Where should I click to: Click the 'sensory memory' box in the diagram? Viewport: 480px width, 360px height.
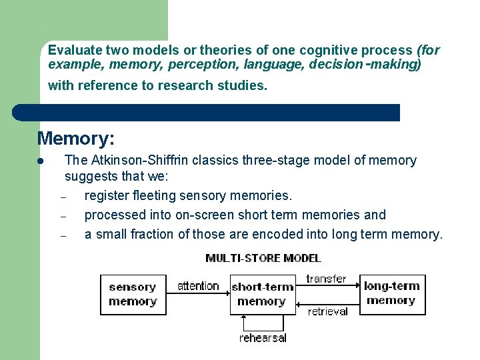click(132, 294)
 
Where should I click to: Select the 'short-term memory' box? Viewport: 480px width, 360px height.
click(261, 294)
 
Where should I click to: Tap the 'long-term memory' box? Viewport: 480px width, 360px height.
click(391, 293)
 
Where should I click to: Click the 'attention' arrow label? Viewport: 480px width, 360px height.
click(198, 286)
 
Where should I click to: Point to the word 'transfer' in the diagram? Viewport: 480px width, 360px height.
click(326, 279)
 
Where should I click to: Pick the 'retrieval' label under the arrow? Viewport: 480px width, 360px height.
click(327, 311)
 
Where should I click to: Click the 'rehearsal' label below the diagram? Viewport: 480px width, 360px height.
click(263, 338)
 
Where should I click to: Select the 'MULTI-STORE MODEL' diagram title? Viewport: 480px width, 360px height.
click(263, 258)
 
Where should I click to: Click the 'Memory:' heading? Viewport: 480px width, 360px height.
click(76, 139)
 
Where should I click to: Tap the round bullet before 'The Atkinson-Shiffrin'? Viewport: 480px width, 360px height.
click(41, 161)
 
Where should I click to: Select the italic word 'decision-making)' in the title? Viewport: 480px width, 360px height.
click(378, 65)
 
